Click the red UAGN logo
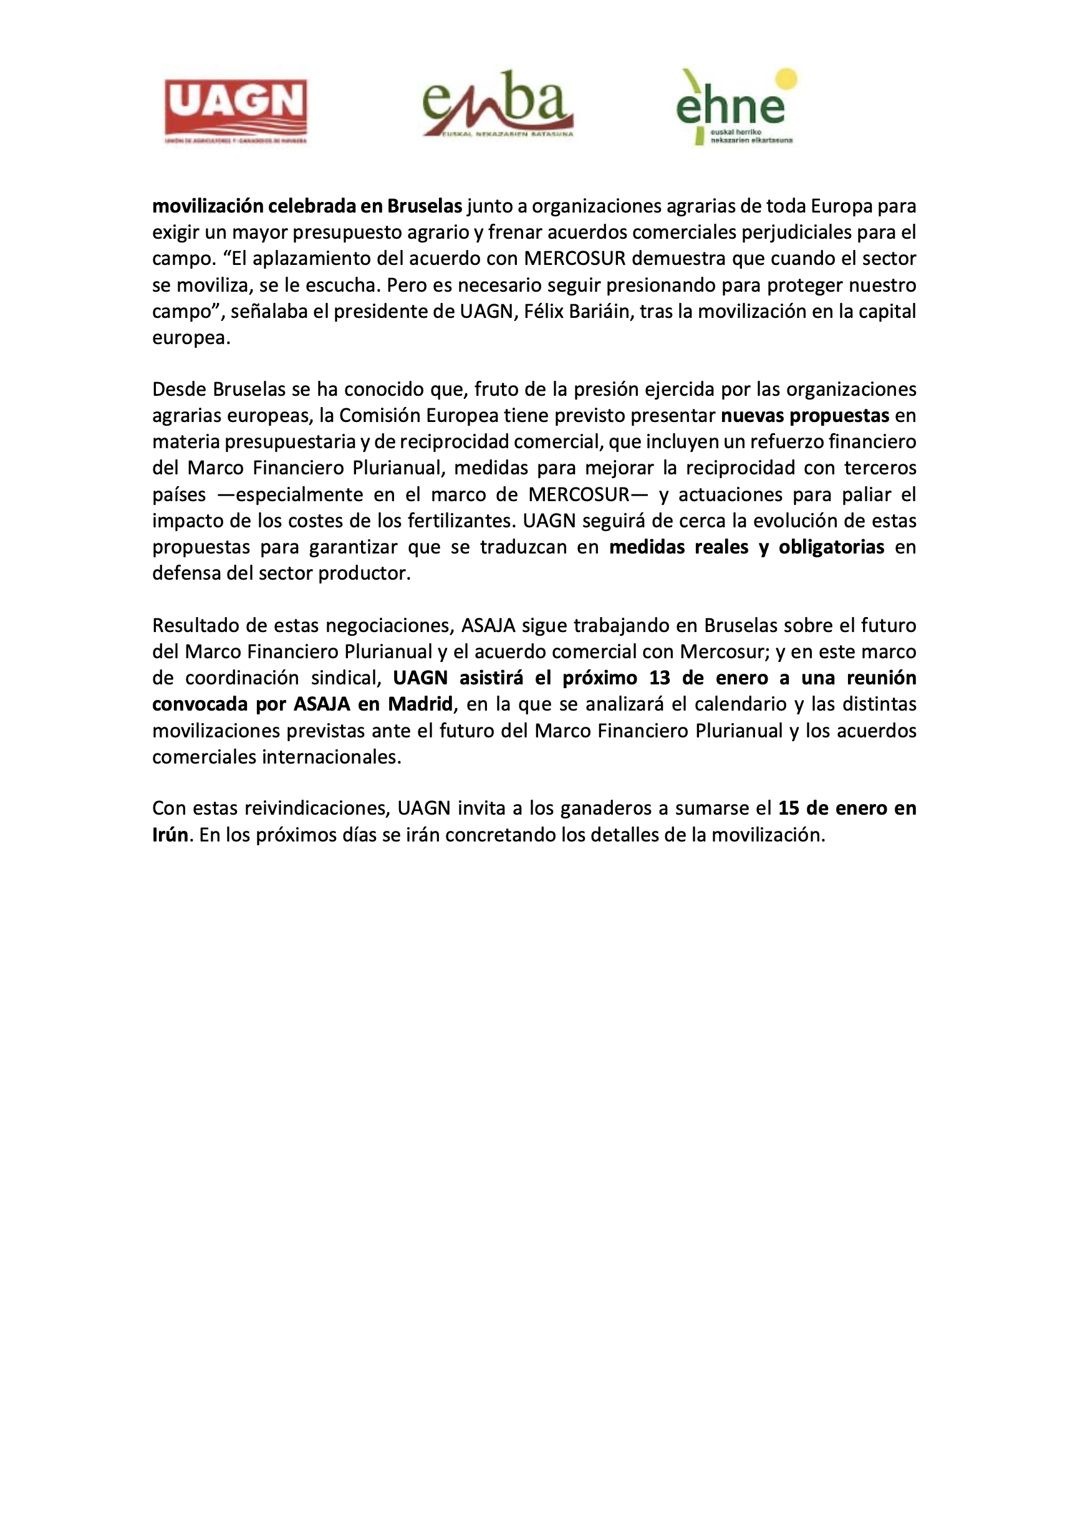pyautogui.click(x=236, y=111)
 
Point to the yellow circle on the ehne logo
pyautogui.click(x=786, y=79)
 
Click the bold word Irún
pyautogui.click(x=170, y=835)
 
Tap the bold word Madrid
pyautogui.click(x=420, y=704)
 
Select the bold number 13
pyautogui.click(x=659, y=678)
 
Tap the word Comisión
pyautogui.click(x=378, y=415)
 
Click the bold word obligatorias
pyautogui.click(x=831, y=547)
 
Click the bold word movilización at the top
pyautogui.click(x=207, y=206)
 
